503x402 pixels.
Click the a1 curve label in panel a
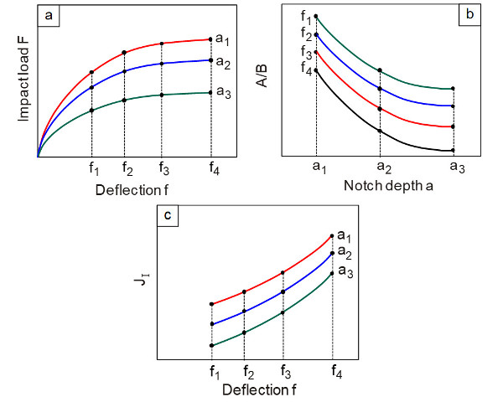click(223, 39)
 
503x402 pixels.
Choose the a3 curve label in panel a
click(223, 93)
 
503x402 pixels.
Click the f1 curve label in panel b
click(305, 18)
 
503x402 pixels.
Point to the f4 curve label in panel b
click(305, 70)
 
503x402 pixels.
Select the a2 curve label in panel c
click(345, 253)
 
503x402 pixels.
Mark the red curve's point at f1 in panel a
click(91, 73)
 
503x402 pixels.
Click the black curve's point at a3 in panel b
click(453, 151)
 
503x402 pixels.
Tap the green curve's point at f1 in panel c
click(211, 345)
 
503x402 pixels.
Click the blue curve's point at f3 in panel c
click(283, 292)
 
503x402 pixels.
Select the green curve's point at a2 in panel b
click(380, 70)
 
